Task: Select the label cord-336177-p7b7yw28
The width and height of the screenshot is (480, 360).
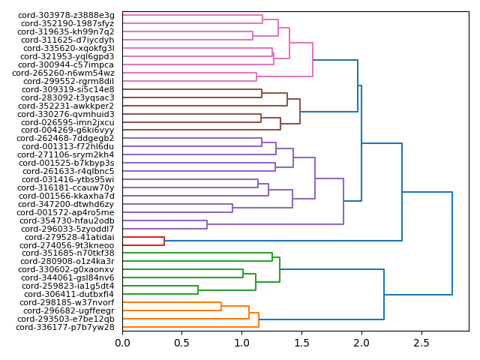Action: coord(65,327)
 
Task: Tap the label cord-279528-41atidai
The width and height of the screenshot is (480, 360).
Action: coord(70,237)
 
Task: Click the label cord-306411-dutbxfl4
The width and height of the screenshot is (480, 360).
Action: coord(68,294)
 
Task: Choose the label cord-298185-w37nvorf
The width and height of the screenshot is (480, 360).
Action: coord(67,302)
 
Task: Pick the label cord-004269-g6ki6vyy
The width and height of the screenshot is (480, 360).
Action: coord(67,130)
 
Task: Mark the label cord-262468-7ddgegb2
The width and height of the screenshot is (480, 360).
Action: coord(65,139)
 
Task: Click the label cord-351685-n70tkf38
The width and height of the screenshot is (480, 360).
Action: coord(68,253)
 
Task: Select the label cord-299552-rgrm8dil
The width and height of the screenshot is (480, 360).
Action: coord(68,81)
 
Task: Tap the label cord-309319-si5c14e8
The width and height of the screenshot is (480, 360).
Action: coord(68,89)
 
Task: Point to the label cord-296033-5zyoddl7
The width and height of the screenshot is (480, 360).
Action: coord(67,229)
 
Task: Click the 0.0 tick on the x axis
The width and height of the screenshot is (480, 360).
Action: coord(122,343)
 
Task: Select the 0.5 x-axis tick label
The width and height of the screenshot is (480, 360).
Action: coord(182,343)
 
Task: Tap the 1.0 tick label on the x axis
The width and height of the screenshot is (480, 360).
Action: coord(242,343)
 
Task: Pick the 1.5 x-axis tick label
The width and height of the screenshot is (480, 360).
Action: coord(301,343)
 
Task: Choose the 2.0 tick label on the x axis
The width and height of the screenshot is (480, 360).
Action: coord(361,343)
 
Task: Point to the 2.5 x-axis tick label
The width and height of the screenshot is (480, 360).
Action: coord(421,343)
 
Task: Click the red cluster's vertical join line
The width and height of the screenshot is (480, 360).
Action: coord(164,241)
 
